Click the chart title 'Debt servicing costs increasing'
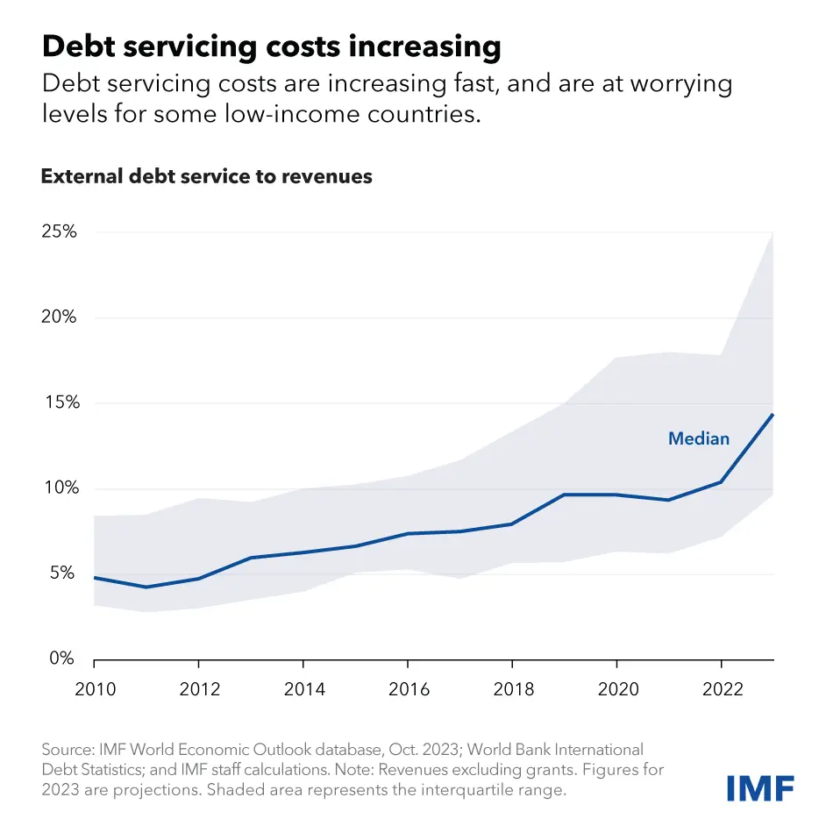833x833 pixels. [x=271, y=46]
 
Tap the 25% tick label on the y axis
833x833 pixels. [x=59, y=232]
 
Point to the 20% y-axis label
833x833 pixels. [x=59, y=317]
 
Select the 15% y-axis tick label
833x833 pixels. [x=60, y=403]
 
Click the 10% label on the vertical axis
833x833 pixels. [x=59, y=488]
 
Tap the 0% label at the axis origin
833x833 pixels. [x=61, y=659]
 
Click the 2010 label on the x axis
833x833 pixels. [x=95, y=689]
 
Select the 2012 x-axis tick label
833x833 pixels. [x=198, y=689]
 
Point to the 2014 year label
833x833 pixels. [x=303, y=689]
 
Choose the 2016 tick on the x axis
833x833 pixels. [x=408, y=689]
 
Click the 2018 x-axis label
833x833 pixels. [x=512, y=689]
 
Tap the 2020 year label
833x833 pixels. [x=616, y=689]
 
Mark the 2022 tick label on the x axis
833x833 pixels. [x=721, y=689]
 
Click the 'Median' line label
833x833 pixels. [x=699, y=438]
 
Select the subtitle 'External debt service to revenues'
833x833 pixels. [x=206, y=176]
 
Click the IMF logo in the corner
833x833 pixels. [x=761, y=787]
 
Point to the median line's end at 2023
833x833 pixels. [x=772, y=415]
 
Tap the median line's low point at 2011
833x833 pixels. [x=146, y=587]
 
